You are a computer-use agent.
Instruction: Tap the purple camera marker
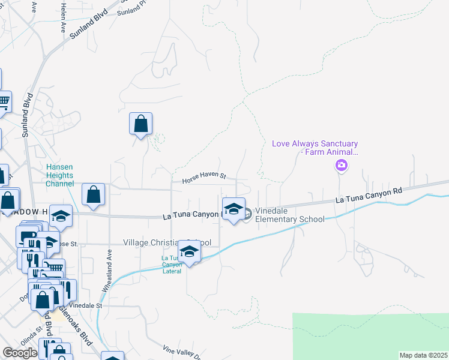click(x=342, y=166)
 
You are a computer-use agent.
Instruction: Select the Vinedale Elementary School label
click(x=290, y=215)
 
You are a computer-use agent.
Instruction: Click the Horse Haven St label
click(x=199, y=177)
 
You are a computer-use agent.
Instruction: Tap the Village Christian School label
click(x=167, y=242)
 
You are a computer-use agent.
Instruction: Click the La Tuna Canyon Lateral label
click(x=171, y=265)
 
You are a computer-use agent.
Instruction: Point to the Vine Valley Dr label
click(x=183, y=352)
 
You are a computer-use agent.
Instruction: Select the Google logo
click(x=20, y=353)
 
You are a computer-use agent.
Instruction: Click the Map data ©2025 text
click(x=423, y=355)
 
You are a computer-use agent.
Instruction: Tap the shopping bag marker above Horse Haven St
click(x=140, y=124)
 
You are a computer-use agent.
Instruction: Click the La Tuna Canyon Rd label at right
click(x=369, y=194)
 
